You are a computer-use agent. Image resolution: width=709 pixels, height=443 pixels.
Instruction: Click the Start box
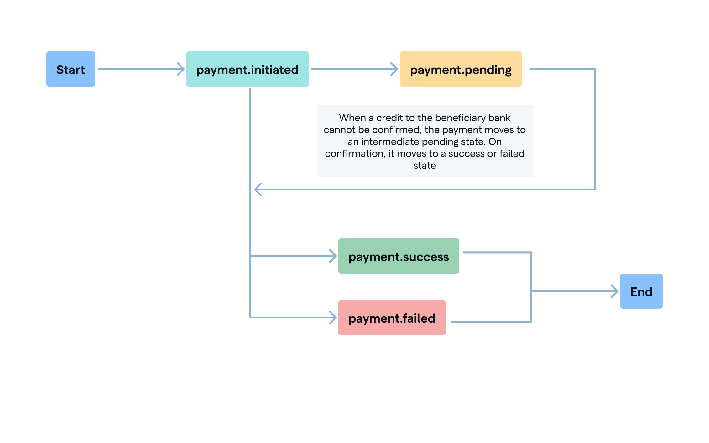point(71,69)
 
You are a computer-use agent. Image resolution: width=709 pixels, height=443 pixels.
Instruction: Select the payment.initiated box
point(247,69)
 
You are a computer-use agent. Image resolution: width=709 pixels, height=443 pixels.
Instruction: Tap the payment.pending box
point(461,69)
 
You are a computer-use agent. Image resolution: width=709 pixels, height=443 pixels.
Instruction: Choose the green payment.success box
point(399,256)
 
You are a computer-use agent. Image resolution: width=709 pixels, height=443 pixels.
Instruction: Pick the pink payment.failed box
point(392,318)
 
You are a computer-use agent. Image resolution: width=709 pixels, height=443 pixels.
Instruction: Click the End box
point(641,291)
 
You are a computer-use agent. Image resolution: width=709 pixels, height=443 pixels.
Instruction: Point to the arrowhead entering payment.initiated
point(181,69)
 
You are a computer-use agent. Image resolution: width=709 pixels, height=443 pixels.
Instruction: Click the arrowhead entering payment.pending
point(394,69)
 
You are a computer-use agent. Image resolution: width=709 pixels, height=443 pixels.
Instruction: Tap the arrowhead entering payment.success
point(333,256)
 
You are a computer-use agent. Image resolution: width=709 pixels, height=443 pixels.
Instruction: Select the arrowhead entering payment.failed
point(333,318)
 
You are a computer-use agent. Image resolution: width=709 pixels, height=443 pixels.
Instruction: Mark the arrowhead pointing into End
point(615,291)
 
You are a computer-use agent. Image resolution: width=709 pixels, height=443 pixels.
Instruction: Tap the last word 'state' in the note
point(425,165)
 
